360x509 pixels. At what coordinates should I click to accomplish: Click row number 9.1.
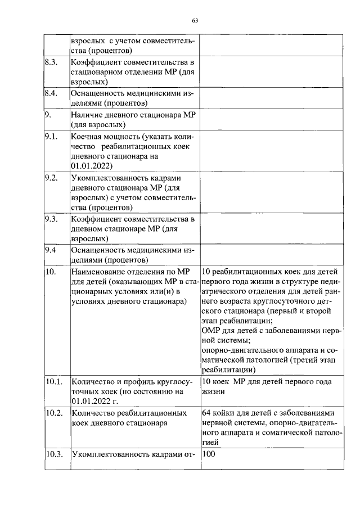coord(52,136)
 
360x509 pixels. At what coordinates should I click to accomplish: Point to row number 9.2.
coord(52,177)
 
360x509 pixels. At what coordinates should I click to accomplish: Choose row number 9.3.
coord(52,218)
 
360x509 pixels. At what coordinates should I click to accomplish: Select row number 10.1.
coord(53,382)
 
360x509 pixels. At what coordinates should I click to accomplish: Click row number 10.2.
coord(53,412)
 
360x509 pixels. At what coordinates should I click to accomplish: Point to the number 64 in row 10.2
coord(206,412)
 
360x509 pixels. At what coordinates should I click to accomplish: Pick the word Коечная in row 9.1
coord(88,136)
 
